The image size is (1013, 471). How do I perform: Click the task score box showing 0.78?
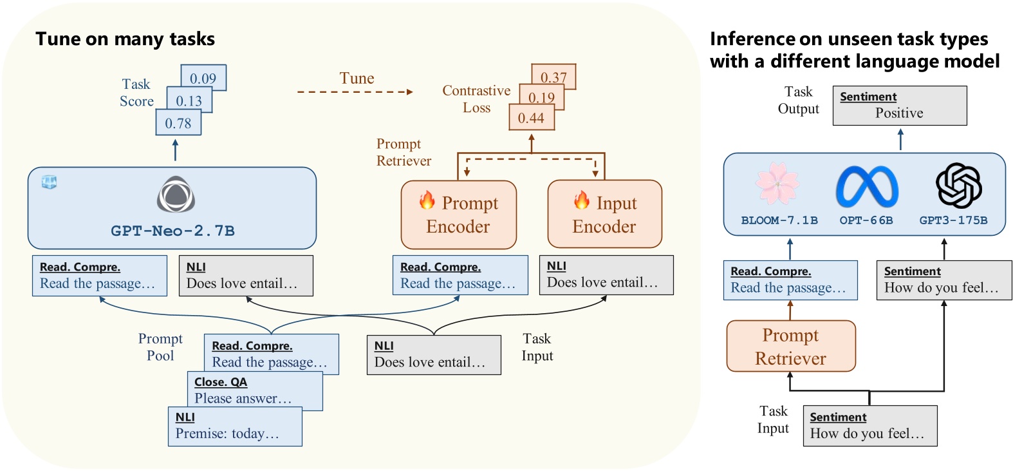(178, 122)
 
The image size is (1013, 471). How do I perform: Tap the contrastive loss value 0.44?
(532, 118)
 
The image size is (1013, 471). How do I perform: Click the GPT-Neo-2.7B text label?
(172, 231)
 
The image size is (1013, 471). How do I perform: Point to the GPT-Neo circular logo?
(176, 195)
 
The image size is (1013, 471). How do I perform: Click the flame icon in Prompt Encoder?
(427, 200)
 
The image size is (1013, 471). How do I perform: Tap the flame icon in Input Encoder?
(582, 200)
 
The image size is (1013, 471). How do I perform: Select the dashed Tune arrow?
(355, 92)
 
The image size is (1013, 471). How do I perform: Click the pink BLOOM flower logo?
(777, 184)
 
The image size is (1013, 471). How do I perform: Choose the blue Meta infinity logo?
(866, 186)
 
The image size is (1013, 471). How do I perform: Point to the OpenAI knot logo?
(958, 185)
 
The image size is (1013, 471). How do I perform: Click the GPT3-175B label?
(953, 220)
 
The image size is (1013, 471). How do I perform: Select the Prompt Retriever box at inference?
(791, 346)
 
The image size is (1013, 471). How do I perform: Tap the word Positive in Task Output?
(899, 113)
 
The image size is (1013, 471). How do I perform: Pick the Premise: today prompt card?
(235, 427)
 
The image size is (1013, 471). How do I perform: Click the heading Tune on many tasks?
(125, 39)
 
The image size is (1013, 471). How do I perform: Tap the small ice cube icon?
(49, 182)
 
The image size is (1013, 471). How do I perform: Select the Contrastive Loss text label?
(476, 99)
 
